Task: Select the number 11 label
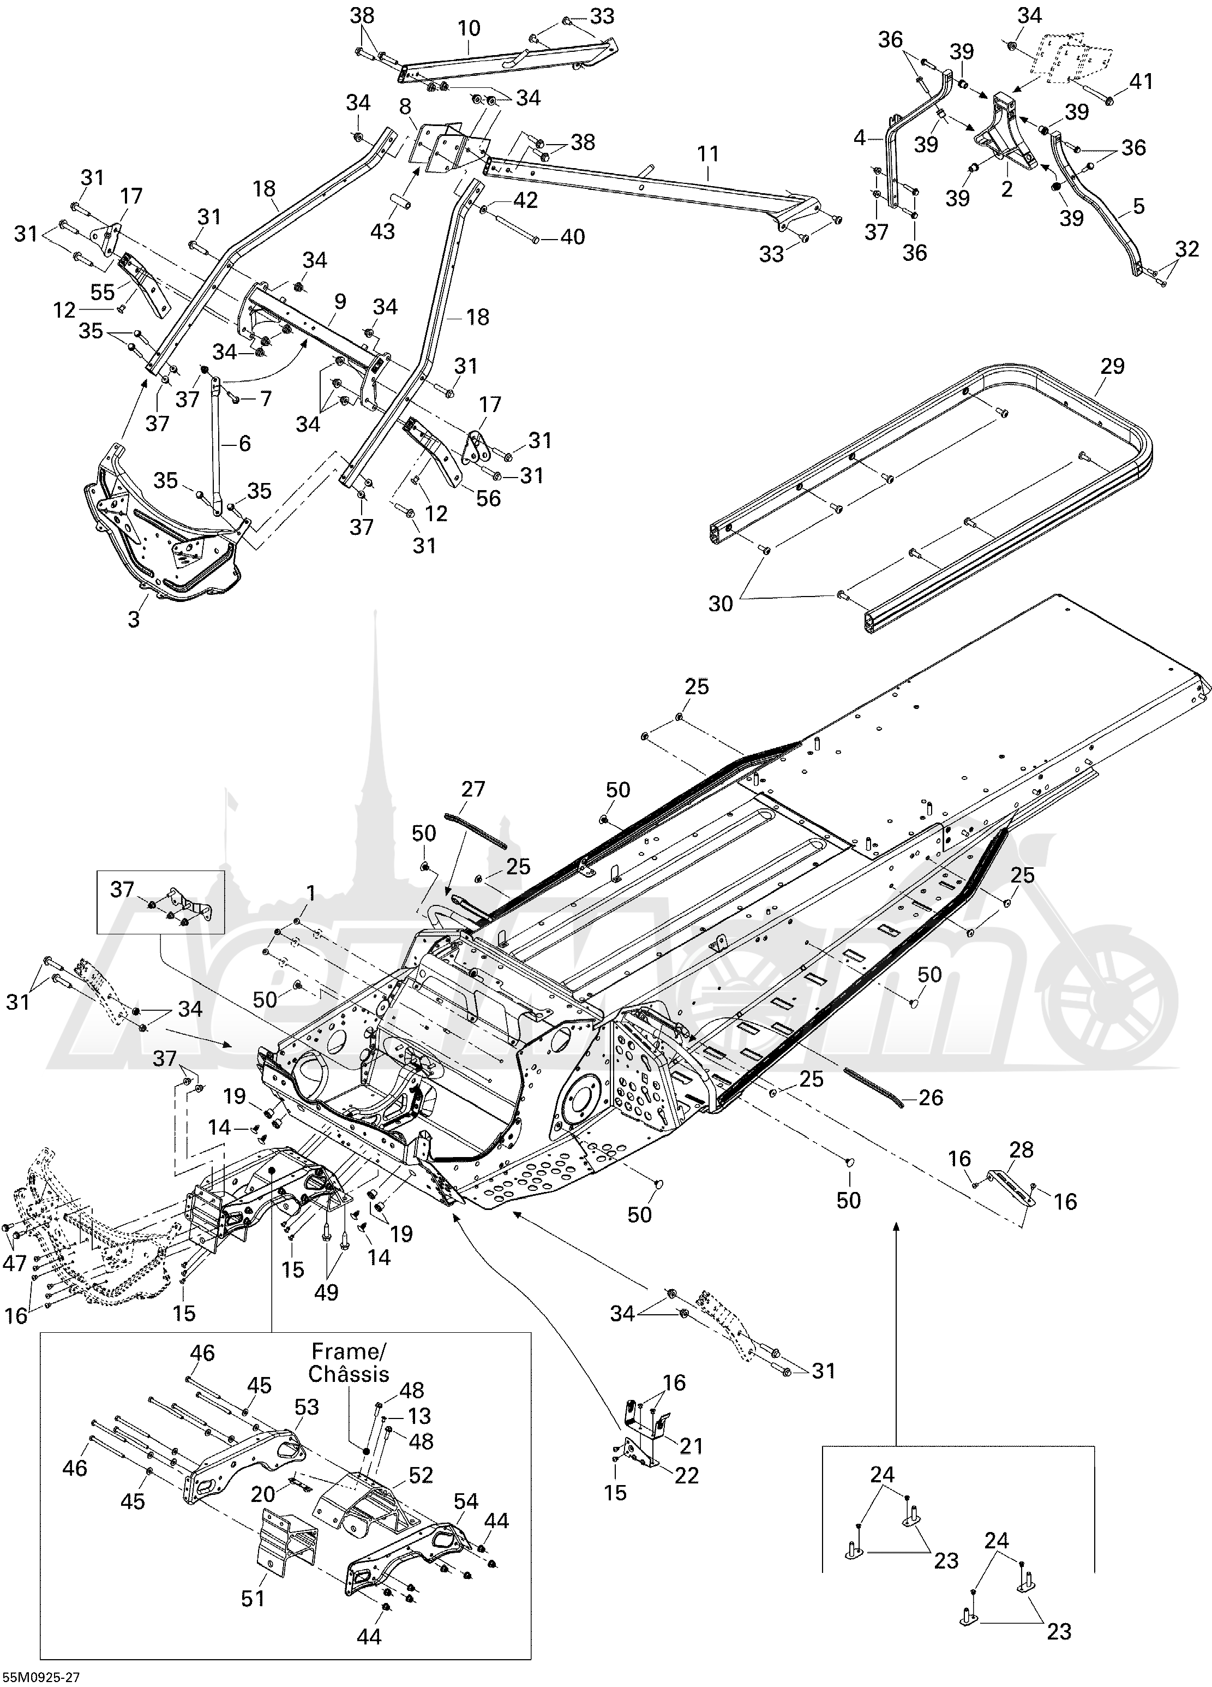point(708,154)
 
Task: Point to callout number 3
point(134,619)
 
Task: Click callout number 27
point(473,789)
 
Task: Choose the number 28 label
point(1022,1150)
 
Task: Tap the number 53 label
point(307,1406)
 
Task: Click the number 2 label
point(1007,189)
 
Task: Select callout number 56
point(489,498)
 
